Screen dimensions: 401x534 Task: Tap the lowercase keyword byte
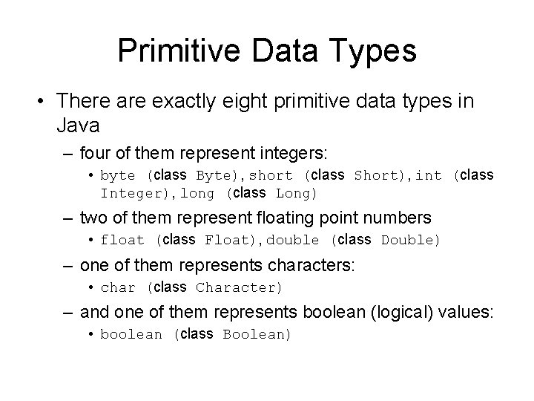click(118, 176)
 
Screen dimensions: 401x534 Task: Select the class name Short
click(377, 176)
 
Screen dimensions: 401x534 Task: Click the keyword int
click(428, 176)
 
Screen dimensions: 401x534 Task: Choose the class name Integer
click(128, 194)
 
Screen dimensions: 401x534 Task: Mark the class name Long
click(294, 194)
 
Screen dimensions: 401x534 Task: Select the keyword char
click(118, 287)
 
